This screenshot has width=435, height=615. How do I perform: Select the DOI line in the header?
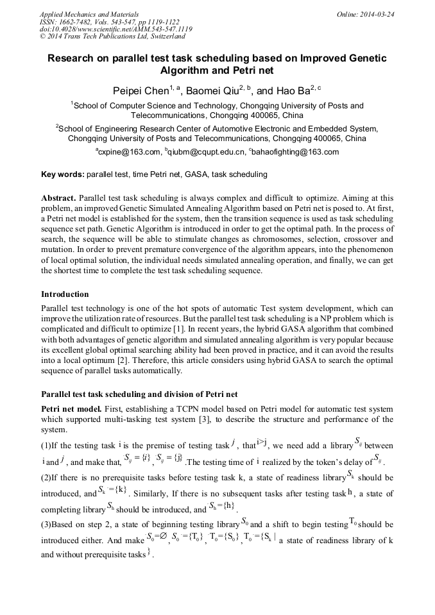[x=115, y=29]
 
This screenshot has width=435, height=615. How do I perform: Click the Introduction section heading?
[x=65, y=294]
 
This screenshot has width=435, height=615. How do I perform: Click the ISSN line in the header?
[x=111, y=21]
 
